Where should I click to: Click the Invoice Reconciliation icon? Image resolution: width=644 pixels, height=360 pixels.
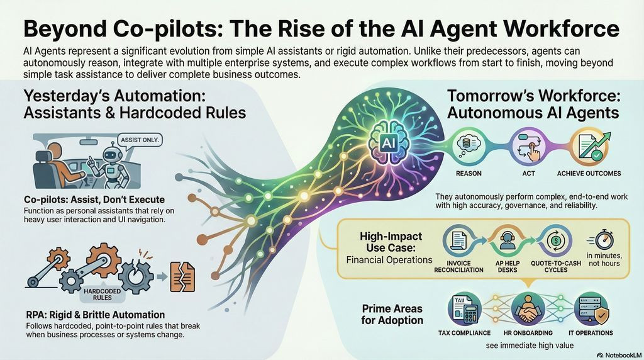coord(458,241)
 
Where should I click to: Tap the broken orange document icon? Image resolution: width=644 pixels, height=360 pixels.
coord(182,276)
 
